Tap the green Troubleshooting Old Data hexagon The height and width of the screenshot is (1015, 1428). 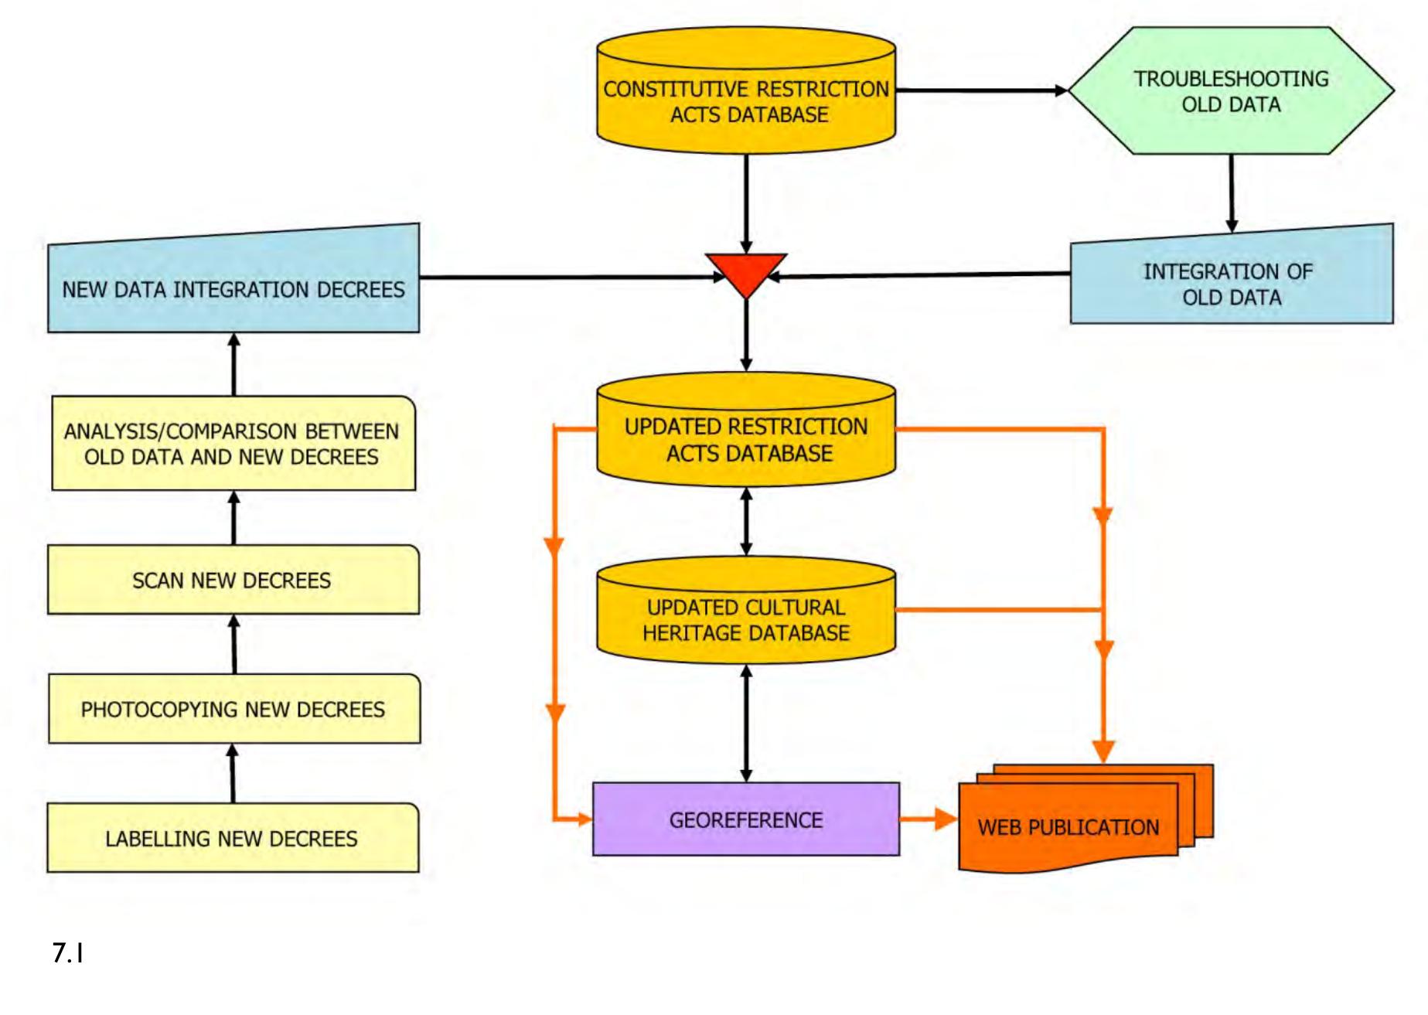(1231, 91)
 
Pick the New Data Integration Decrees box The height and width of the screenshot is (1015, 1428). (233, 288)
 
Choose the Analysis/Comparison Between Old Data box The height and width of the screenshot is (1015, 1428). (233, 444)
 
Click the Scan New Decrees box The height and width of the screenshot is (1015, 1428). (233, 580)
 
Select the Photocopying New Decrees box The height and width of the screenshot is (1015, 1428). (233, 709)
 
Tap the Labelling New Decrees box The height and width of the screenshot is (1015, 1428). (233, 838)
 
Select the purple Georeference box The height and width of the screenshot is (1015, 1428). (746, 819)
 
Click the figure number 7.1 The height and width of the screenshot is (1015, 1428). (68, 953)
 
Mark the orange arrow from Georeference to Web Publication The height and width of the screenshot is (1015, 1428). (928, 819)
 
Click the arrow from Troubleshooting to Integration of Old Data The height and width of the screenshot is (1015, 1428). (1232, 193)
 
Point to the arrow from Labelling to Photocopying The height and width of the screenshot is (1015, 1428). (233, 773)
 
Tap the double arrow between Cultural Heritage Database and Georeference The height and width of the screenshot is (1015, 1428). (746, 723)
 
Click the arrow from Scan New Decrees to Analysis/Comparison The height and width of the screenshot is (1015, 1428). (234, 518)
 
